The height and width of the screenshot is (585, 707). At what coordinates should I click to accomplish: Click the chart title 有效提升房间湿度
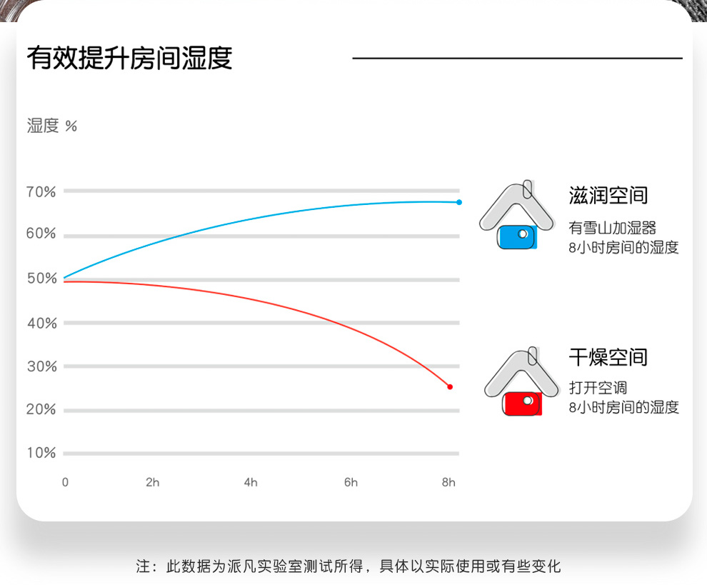(129, 58)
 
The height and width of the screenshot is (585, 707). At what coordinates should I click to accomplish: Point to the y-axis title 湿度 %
(52, 126)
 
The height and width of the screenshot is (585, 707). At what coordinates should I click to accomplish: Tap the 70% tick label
(41, 191)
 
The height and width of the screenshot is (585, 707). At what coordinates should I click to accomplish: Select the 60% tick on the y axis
(41, 233)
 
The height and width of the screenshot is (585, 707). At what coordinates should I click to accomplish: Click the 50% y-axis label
(42, 279)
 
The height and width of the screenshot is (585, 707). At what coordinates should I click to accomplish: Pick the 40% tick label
(42, 323)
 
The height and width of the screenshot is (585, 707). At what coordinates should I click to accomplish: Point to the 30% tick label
(42, 366)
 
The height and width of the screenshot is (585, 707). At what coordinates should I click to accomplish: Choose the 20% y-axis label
(41, 409)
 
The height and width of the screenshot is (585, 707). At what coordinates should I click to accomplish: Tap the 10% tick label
(41, 452)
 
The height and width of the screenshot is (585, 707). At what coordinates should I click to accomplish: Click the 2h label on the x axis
(152, 483)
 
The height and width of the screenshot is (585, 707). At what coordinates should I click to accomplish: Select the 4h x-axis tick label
(251, 483)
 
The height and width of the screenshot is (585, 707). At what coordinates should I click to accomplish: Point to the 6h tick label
(351, 483)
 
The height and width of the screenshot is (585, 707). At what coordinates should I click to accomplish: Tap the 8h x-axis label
(448, 483)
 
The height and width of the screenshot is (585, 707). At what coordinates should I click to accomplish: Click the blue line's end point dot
(459, 202)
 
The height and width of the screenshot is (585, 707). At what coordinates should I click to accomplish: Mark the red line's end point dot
(449, 386)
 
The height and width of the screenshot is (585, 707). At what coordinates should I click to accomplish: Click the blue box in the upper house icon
(517, 237)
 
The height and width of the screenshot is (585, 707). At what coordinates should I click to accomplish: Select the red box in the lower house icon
(522, 404)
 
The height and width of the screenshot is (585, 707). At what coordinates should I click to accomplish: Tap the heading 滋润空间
(608, 195)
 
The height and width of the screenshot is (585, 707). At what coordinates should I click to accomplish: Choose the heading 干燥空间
(608, 357)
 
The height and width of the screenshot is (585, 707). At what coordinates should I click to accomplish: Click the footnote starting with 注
(349, 566)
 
